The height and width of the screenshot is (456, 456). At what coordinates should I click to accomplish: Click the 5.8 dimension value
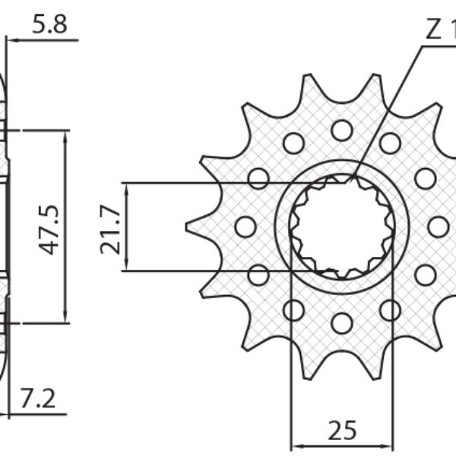pos(50,25)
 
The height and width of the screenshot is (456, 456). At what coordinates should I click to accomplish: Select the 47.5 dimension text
pos(51,226)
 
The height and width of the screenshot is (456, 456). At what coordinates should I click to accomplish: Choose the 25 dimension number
pos(342,431)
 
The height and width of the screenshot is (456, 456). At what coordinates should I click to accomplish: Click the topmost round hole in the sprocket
pos(342,130)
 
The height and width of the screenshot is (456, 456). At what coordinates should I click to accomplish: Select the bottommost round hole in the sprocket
pos(342,323)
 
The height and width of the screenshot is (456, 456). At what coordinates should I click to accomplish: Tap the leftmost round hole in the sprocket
pos(245,226)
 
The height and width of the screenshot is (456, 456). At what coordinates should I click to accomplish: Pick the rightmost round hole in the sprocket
pos(439,226)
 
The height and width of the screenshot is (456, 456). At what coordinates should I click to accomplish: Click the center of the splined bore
pos(342,226)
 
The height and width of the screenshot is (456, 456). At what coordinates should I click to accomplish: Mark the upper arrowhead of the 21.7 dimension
pos(126,186)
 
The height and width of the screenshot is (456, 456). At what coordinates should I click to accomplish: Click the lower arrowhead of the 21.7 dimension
pos(126,267)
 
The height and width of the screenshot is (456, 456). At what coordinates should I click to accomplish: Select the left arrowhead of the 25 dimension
pos(296,445)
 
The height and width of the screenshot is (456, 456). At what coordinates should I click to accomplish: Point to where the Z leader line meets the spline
pos(355,178)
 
